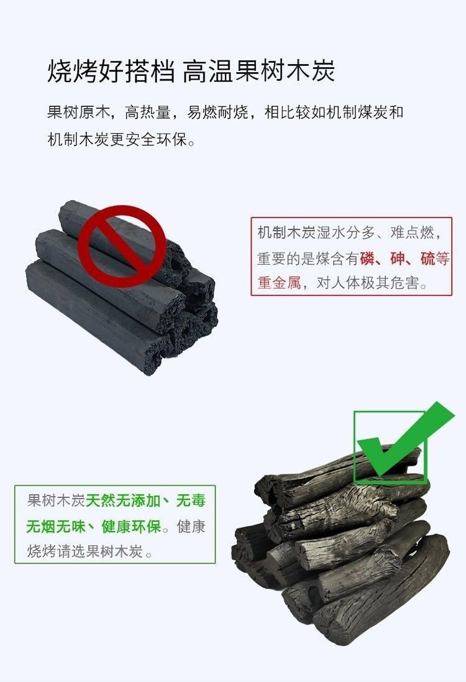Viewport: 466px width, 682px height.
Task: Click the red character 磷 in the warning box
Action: [367, 259]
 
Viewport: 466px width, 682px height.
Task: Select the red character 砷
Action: [397, 259]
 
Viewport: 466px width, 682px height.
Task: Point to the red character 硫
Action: [427, 259]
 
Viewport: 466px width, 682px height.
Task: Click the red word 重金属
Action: [279, 283]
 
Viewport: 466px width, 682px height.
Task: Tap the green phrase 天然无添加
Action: [123, 500]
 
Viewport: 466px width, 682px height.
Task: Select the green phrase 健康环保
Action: [131, 527]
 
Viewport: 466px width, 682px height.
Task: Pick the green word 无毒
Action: [191, 500]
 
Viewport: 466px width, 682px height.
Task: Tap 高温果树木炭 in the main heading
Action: [259, 71]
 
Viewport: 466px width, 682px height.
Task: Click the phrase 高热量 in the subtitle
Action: [147, 113]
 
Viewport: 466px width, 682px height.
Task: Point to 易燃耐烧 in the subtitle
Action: [218, 113]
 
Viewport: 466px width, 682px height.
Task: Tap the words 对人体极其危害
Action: [368, 283]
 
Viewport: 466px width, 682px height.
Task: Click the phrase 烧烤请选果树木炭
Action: [85, 551]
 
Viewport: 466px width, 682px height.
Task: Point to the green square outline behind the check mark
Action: [354, 448]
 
